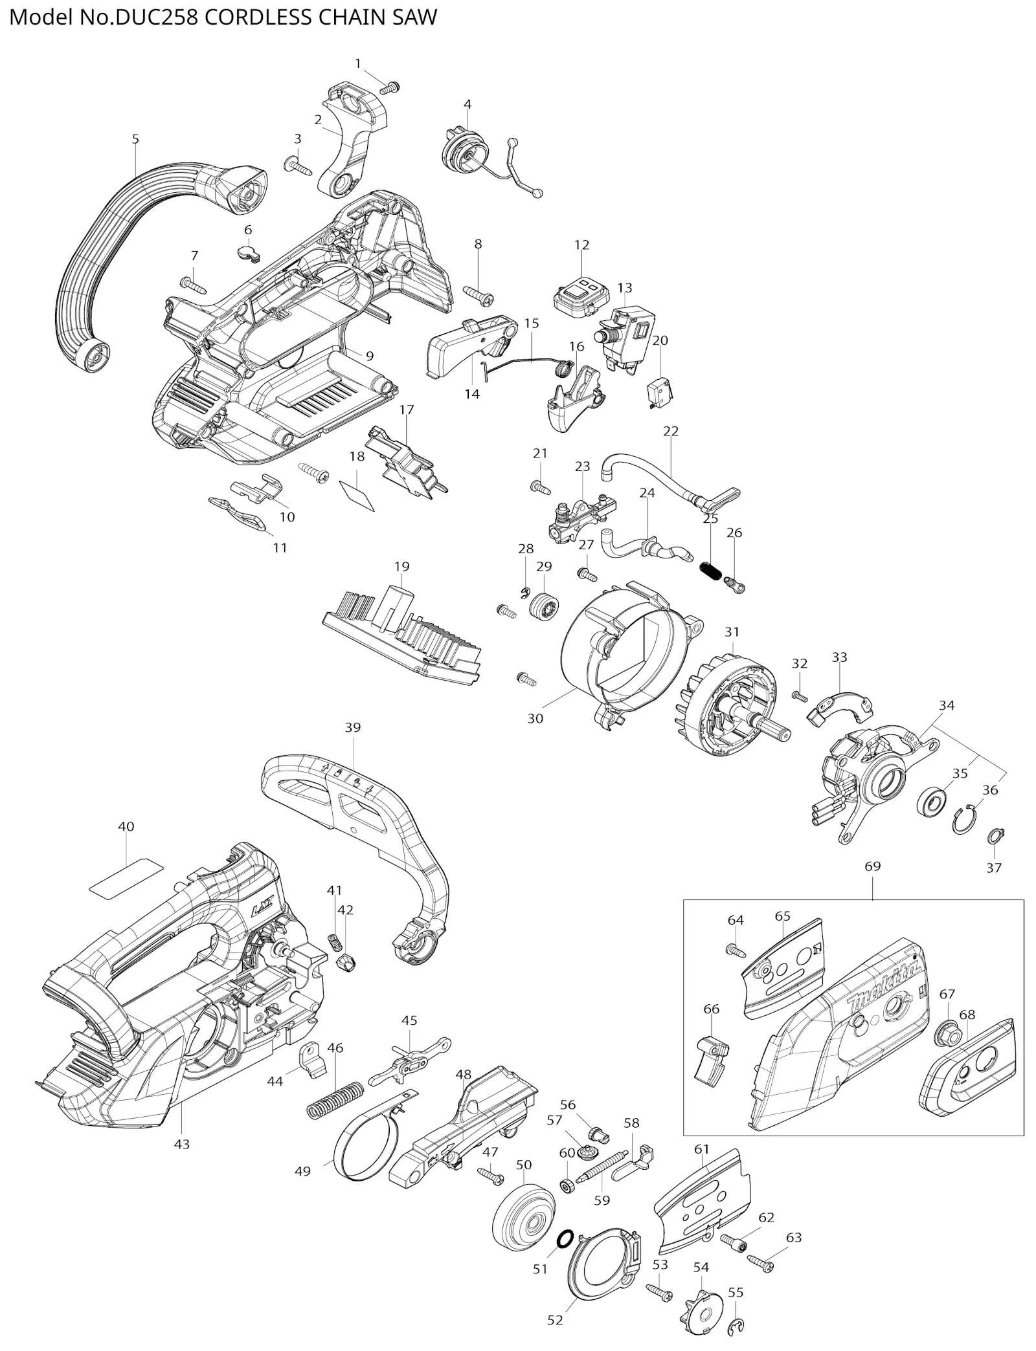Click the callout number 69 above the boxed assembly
[x=872, y=866]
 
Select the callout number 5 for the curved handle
[x=135, y=138]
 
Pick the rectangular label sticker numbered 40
[x=126, y=876]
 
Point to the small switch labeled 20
[x=660, y=390]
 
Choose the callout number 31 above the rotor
[x=732, y=631]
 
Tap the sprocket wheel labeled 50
[x=523, y=1216]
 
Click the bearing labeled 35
[x=932, y=805]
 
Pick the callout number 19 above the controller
[x=401, y=566]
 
